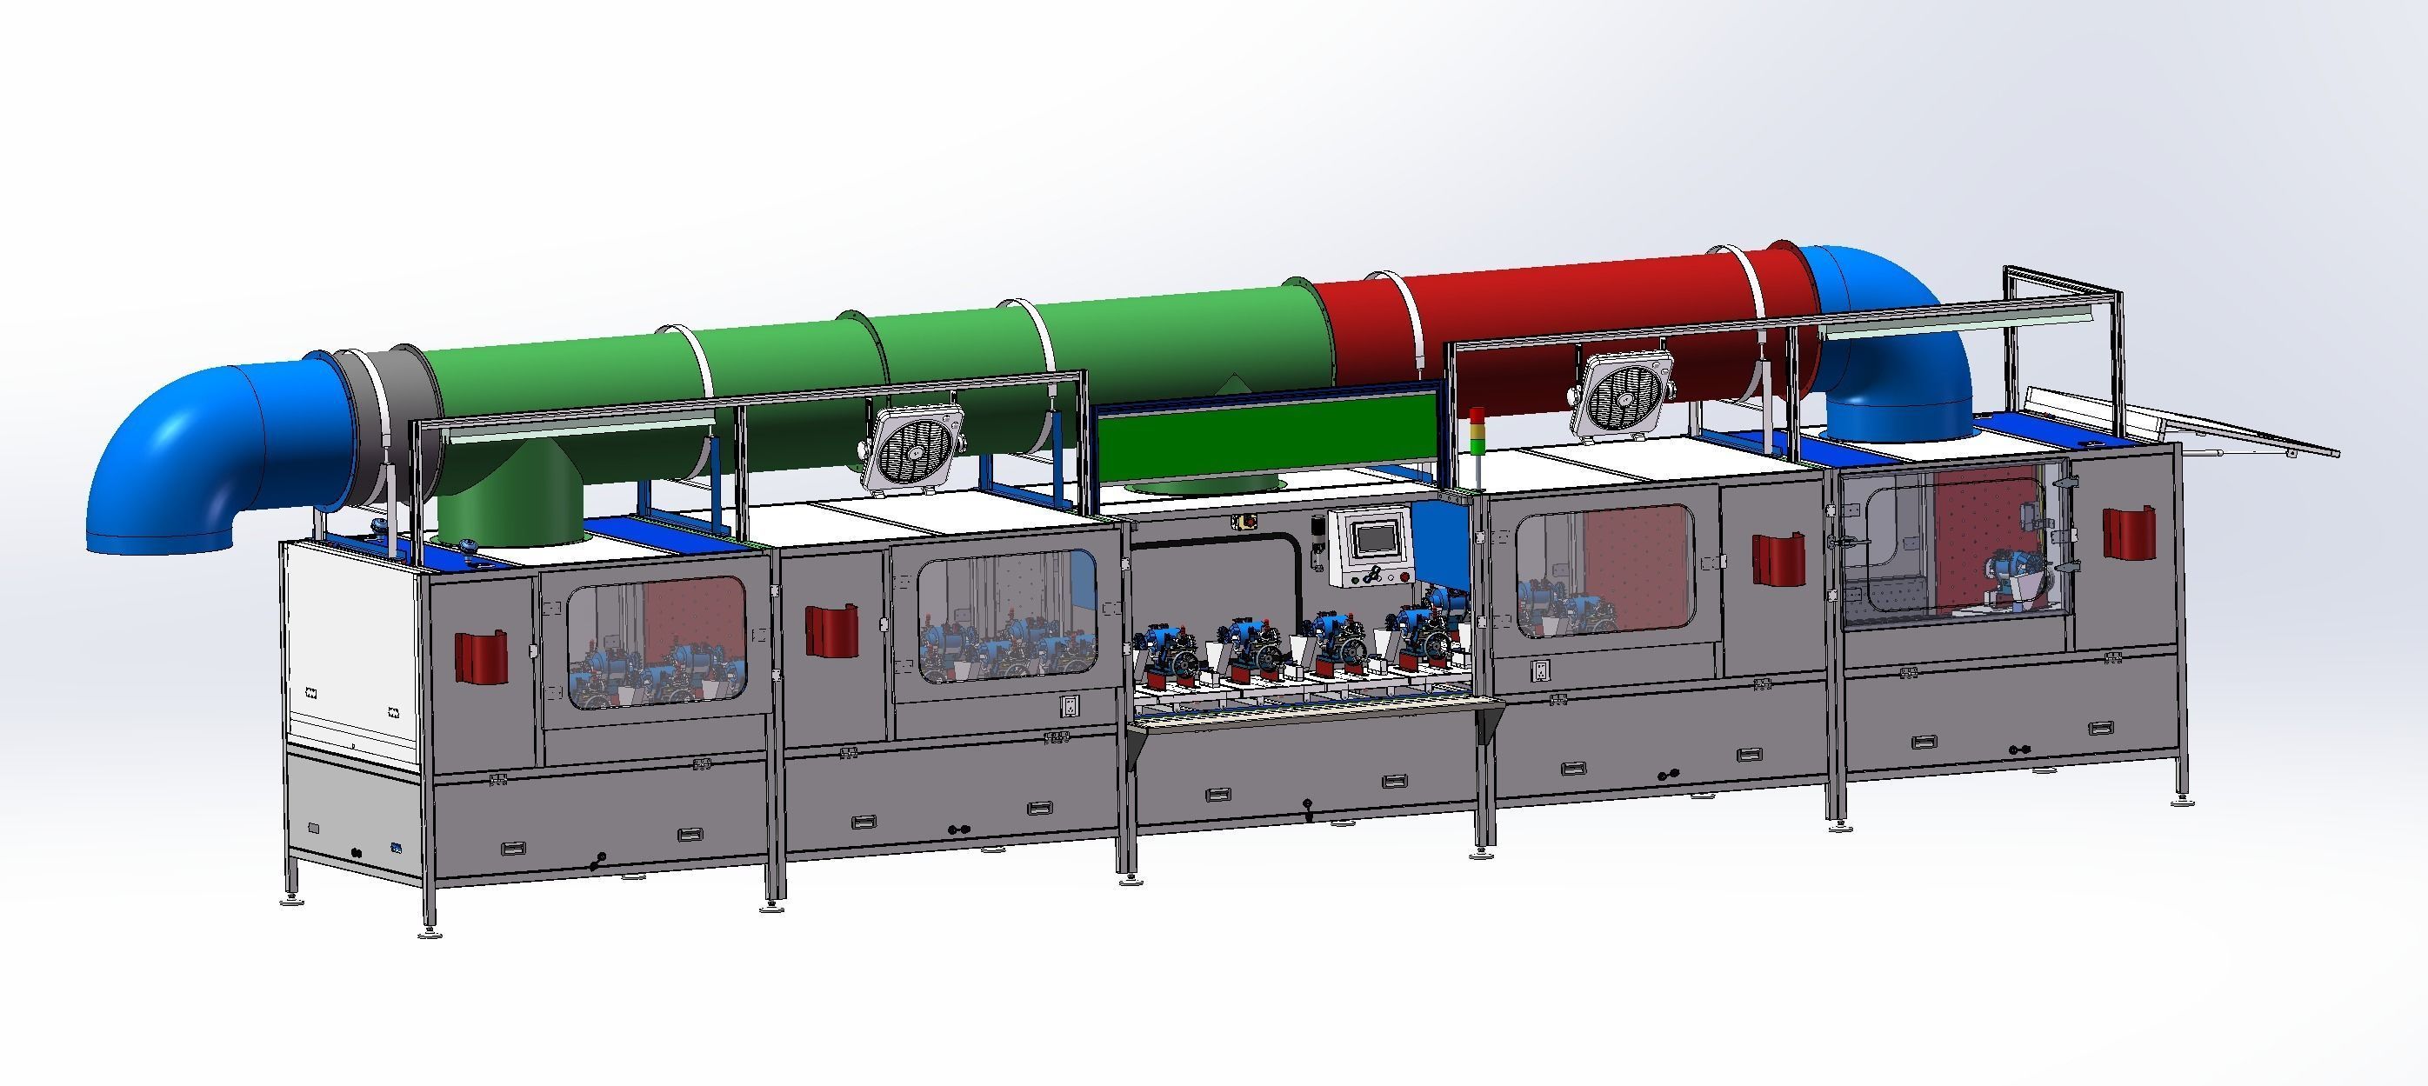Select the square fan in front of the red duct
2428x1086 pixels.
1626,396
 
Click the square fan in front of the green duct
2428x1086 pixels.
914,450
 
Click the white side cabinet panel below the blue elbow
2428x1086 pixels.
349,650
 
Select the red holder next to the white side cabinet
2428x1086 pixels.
482,656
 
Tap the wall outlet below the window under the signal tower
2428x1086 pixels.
1539,670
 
